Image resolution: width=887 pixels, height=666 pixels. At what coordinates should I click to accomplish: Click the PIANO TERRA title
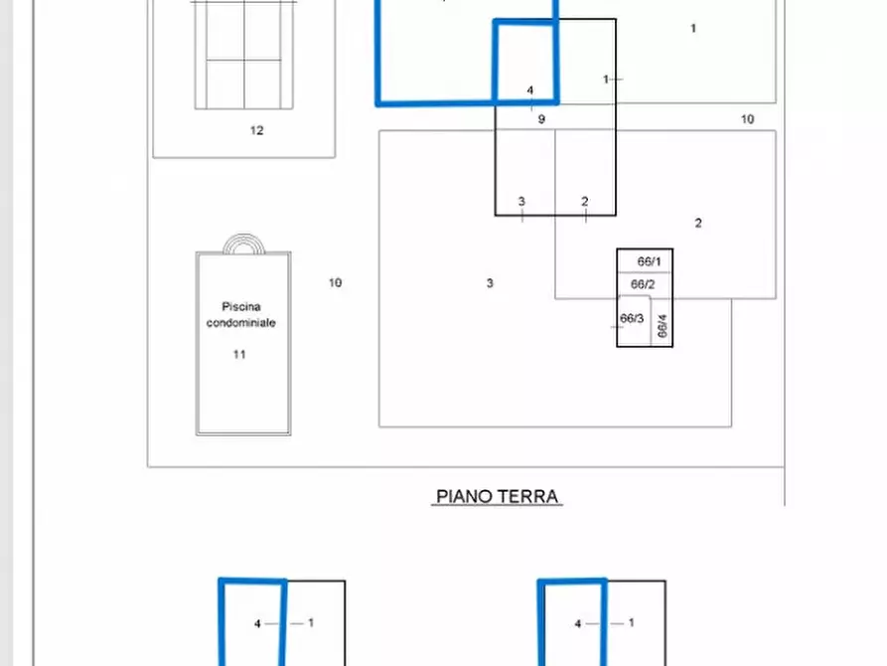point(497,496)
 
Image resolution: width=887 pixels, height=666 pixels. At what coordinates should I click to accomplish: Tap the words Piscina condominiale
point(241,315)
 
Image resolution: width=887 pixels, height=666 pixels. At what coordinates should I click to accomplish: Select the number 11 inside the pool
point(239,354)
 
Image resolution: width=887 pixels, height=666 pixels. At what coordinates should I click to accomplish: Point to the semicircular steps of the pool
point(243,244)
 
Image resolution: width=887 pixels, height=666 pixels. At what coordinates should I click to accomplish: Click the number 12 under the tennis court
point(257,130)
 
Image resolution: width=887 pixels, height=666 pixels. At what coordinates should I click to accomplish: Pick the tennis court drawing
point(244,55)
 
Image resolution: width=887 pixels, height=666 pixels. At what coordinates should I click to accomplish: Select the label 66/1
point(649,261)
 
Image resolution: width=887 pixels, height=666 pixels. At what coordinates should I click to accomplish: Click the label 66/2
point(644,283)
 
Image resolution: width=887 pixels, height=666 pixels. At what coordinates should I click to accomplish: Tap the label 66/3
point(632,319)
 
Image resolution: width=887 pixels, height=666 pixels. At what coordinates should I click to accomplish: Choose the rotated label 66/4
point(663,327)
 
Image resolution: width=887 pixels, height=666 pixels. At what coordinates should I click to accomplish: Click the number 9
point(541,119)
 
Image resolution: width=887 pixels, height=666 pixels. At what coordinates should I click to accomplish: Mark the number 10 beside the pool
point(336,283)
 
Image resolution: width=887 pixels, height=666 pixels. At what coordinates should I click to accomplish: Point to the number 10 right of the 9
point(747,119)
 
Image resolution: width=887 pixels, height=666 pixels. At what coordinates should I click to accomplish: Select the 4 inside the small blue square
point(529,90)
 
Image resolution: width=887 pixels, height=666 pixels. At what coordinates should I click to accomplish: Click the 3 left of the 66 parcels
point(490,283)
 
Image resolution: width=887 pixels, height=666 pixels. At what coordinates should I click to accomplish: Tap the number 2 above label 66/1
point(698,224)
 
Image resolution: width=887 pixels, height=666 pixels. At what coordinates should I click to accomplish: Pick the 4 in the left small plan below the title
point(257,624)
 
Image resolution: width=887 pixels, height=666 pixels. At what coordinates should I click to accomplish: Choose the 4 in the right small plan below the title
point(578,624)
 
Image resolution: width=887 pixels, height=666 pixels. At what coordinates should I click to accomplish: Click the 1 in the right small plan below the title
point(632,623)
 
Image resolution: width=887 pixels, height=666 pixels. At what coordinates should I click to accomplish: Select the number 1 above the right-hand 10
point(693,29)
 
